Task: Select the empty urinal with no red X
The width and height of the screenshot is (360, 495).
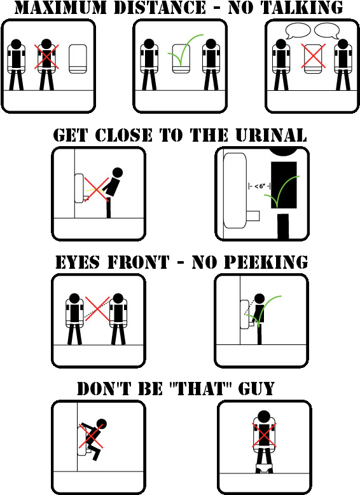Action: tap(78, 58)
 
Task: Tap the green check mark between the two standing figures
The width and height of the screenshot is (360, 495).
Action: tap(184, 52)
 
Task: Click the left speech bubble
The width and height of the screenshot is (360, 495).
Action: tap(298, 31)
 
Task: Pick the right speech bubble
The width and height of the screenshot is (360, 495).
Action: tap(327, 31)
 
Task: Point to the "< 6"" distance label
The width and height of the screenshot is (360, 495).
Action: tap(259, 186)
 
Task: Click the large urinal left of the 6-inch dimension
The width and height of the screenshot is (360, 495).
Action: tap(234, 189)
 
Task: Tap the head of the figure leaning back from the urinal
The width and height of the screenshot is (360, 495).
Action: tap(117, 172)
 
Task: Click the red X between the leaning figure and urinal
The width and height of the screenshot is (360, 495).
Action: tap(95, 188)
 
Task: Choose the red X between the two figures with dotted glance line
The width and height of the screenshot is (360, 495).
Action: tap(97, 310)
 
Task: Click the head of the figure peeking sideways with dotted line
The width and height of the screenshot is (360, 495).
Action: tap(118, 298)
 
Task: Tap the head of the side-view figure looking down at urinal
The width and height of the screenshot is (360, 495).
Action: tap(259, 299)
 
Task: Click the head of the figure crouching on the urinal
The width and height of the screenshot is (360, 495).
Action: tap(101, 424)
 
